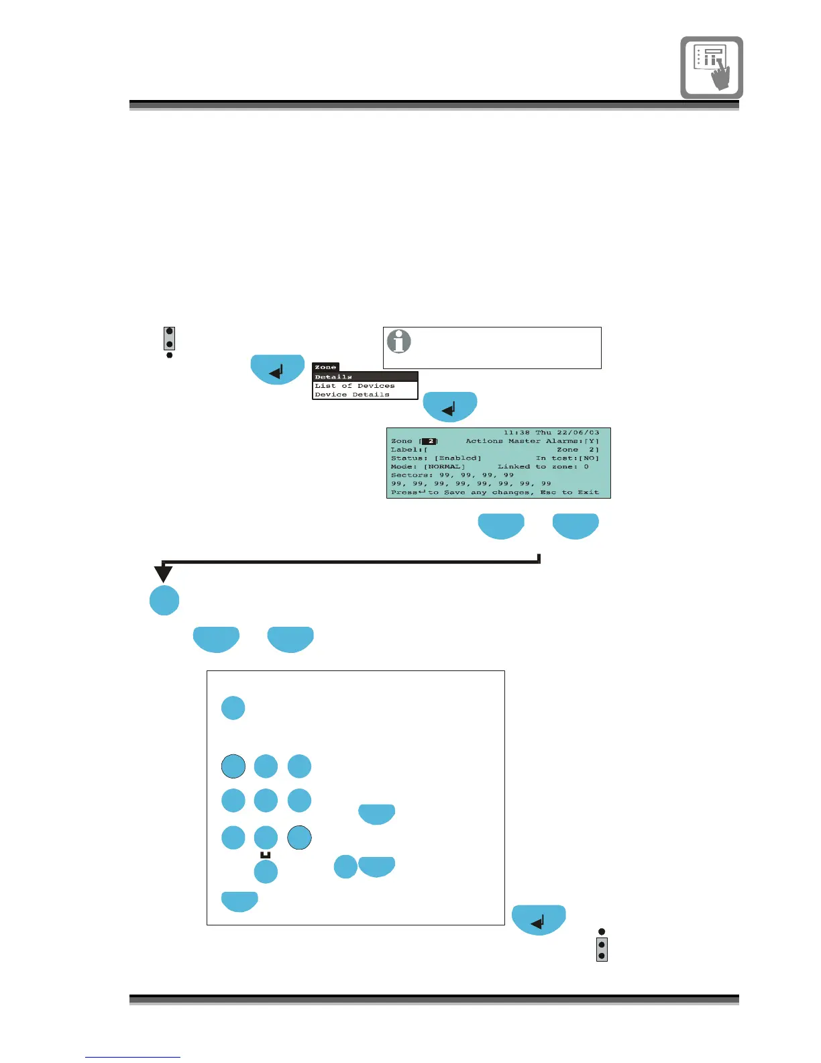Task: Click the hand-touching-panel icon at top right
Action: [712, 68]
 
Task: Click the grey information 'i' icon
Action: [399, 342]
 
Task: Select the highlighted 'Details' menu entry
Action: [333, 377]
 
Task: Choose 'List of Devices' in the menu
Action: [355, 386]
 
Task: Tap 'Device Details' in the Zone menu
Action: [352, 395]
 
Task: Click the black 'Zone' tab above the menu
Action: [325, 367]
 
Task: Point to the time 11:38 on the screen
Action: [516, 433]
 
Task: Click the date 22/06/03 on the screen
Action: [578, 433]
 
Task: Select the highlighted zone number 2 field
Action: [429, 442]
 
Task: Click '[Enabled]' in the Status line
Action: [457, 458]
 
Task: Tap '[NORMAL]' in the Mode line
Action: [444, 467]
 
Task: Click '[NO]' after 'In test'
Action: [590, 458]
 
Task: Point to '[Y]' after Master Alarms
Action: [592, 442]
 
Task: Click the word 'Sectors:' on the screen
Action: [412, 475]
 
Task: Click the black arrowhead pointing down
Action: [163, 574]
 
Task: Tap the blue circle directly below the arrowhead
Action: [164, 600]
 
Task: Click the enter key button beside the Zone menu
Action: [277, 369]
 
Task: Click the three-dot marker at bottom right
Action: [602, 946]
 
